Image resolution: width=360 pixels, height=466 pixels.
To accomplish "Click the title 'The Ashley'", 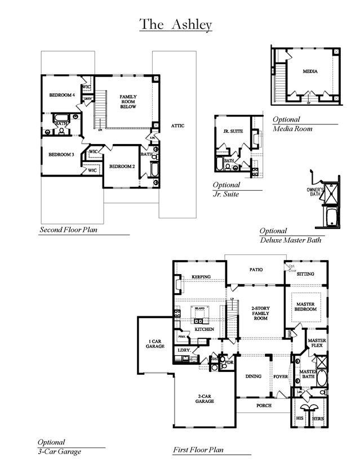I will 175,24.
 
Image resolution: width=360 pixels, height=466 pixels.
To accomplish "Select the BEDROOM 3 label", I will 61,155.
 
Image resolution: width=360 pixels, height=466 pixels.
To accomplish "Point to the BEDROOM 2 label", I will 122,167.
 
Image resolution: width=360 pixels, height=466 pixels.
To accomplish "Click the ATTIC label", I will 177,126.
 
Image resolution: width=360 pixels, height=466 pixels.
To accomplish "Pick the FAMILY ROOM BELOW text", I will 128,101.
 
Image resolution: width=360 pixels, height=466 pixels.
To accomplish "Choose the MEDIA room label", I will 310,71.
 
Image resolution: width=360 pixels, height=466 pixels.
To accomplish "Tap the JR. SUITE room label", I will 233,131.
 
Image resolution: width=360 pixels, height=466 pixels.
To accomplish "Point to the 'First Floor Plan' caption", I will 198,450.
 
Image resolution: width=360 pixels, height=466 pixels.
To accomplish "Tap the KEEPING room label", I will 201,277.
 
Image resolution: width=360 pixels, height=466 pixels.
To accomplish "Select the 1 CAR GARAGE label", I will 156,344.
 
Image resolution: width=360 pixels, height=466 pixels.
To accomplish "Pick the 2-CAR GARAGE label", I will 205,399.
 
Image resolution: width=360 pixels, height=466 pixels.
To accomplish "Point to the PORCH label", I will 264,405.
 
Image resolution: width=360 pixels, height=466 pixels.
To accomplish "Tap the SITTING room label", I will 305,274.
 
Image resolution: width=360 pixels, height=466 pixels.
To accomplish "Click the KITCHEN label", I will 204,329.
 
